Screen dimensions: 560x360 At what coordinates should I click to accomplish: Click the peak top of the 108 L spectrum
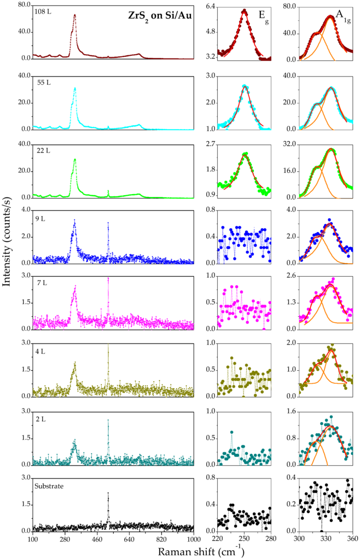(75, 15)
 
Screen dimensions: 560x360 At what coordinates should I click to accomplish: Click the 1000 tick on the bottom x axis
(194, 538)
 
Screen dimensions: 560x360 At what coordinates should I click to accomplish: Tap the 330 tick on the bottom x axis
(326, 538)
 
